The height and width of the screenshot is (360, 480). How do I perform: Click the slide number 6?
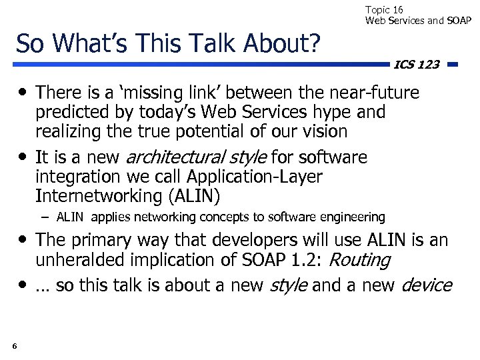click(x=14, y=345)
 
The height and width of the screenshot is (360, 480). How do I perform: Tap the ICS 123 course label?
click(x=417, y=65)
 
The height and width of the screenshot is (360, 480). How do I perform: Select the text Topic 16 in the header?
click(x=384, y=9)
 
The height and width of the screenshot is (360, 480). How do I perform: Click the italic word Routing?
click(x=360, y=260)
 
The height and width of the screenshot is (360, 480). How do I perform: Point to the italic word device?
click(x=426, y=285)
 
